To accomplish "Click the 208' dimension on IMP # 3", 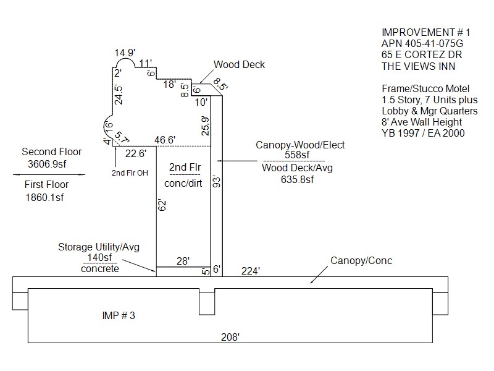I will [230, 337].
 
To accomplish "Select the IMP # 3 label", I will [118, 315].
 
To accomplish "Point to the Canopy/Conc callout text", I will [361, 260].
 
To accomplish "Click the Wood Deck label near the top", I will [239, 64].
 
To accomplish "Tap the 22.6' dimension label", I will [135, 154].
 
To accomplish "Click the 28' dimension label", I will [183, 261].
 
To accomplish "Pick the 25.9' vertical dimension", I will [206, 126].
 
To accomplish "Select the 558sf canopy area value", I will [300, 155].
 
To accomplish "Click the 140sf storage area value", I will [99, 258].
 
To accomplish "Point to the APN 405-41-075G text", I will [422, 43].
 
